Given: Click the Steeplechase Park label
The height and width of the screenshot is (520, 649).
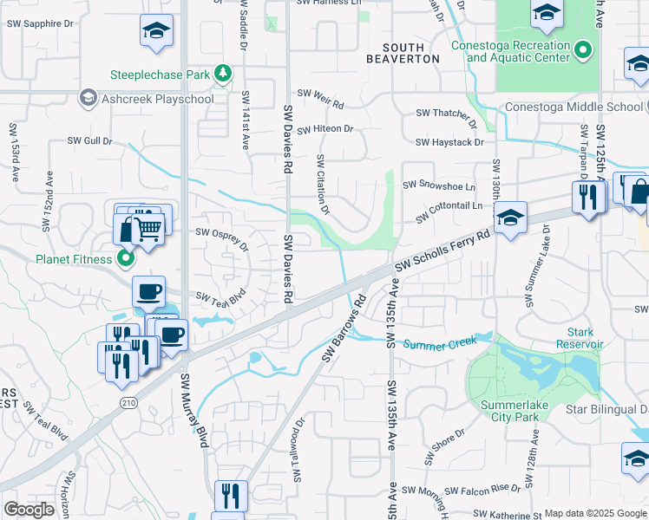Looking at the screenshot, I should (159, 75).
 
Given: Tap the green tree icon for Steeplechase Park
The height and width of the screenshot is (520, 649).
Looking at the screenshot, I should (223, 73).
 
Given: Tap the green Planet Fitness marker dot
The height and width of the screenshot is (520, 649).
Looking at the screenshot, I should (125, 258).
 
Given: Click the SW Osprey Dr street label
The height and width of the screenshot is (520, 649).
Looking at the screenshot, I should (222, 238).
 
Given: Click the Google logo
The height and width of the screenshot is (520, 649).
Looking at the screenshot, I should (29, 509).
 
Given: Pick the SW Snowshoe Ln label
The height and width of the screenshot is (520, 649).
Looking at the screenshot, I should (446, 185).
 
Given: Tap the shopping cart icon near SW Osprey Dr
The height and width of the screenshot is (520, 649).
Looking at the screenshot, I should (149, 228).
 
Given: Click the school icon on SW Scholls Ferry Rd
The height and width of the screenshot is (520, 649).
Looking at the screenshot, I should (511, 217).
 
